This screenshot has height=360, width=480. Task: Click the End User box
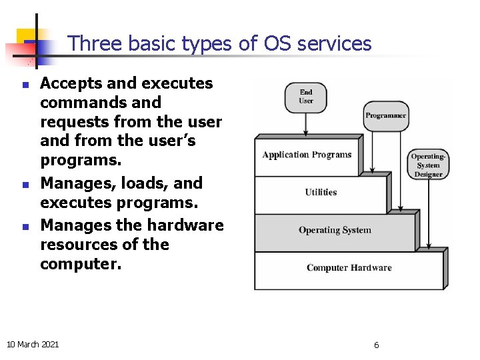coord(306,97)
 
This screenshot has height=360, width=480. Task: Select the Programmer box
coord(385,115)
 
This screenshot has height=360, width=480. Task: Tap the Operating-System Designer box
coord(428,165)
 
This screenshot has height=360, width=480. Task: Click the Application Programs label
coord(307,155)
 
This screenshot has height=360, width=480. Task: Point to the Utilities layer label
coord(321,193)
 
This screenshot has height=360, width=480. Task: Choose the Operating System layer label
coord(335,230)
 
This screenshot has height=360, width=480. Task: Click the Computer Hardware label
coord(349,268)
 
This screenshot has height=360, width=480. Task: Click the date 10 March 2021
coord(32,344)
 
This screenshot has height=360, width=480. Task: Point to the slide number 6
coord(376,345)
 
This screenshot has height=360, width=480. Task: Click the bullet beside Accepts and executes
coord(24,85)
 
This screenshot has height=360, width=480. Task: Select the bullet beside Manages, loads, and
coord(24,185)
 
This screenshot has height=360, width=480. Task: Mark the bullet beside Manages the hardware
coord(24,227)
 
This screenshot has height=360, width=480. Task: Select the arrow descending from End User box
coord(306,123)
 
